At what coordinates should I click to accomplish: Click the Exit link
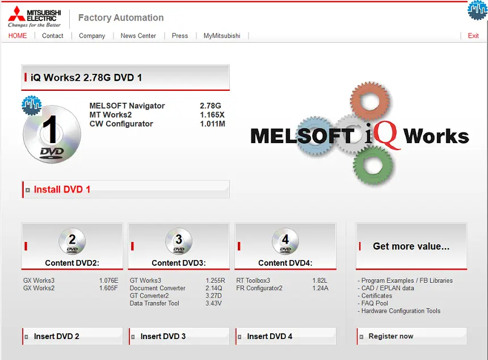[473, 36]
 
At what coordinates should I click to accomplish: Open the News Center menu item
[138, 36]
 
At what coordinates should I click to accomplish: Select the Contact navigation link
[53, 36]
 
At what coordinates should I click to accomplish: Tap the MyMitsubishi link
[222, 36]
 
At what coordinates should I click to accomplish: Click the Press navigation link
[180, 36]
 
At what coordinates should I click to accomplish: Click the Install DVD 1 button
[126, 189]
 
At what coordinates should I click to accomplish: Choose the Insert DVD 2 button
[72, 336]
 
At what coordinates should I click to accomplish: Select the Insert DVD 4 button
[285, 336]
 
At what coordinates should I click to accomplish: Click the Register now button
[412, 336]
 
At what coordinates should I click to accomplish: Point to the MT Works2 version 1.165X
[212, 115]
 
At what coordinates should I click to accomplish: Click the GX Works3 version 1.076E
[108, 281]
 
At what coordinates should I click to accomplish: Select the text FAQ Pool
[375, 303]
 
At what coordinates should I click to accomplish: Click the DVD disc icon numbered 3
[179, 241]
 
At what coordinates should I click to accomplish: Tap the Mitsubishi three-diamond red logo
[16, 14]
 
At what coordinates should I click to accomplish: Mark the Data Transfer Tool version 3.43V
[213, 303]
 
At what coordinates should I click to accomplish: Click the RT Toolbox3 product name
[253, 281]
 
